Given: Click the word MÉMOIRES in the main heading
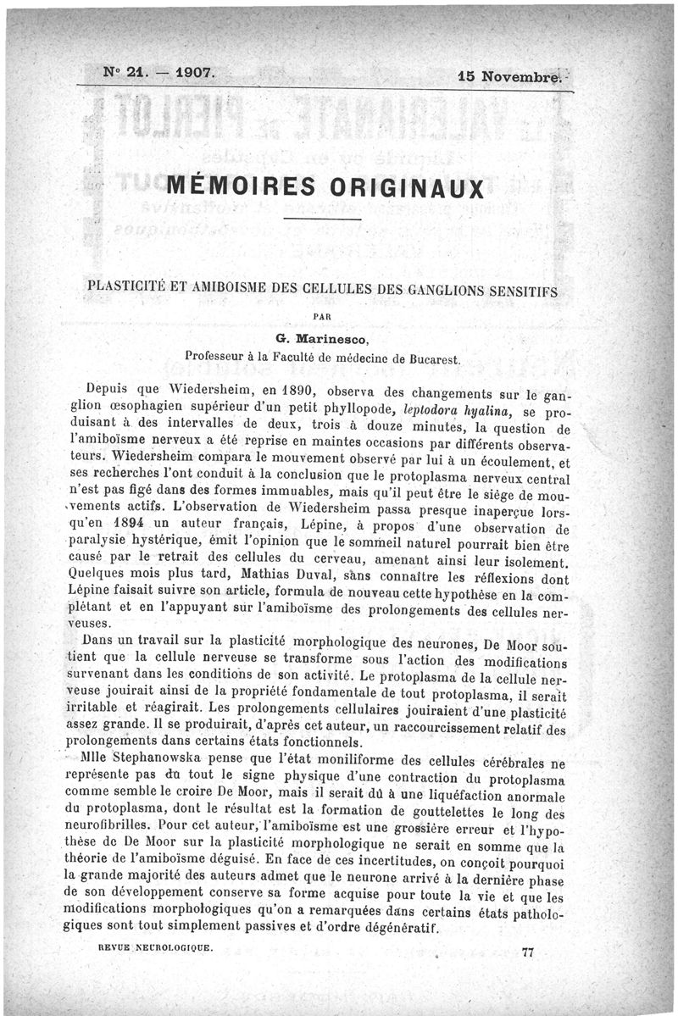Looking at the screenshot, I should pos(242,186).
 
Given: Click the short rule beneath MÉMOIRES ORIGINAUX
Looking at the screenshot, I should pos(323,220).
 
